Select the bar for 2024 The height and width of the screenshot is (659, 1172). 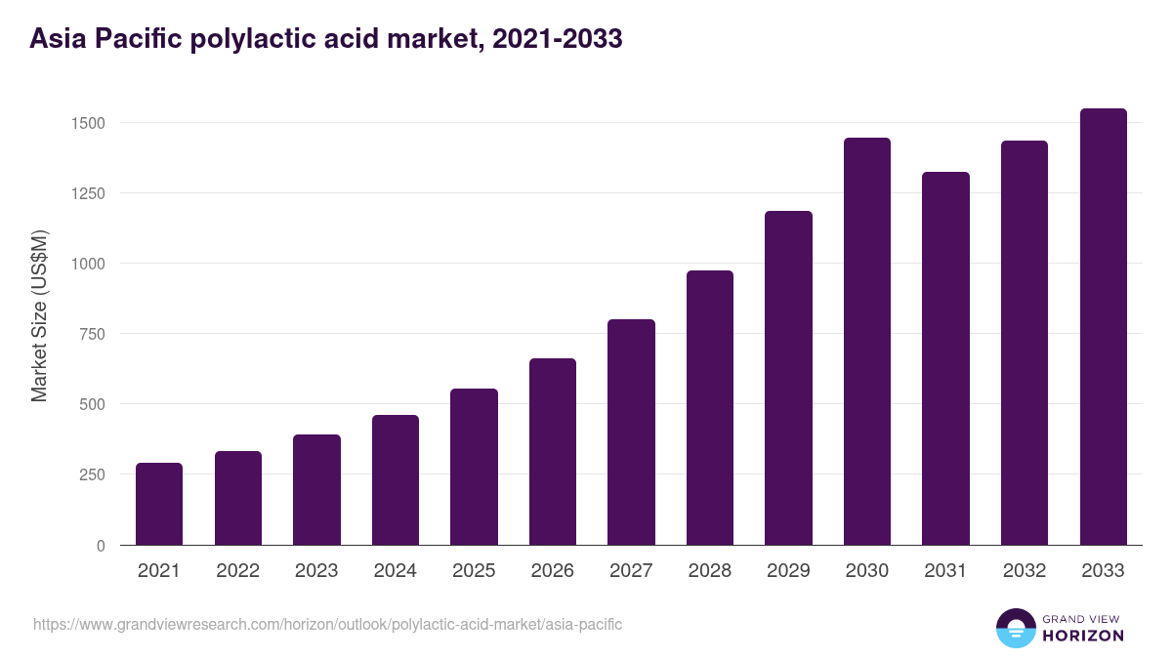396,480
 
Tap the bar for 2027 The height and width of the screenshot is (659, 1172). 631,432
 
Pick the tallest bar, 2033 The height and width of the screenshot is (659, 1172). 1104,327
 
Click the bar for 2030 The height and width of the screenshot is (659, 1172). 867,342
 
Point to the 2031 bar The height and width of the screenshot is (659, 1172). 945,358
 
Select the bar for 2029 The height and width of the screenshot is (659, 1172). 788,378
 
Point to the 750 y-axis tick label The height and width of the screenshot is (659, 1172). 92,334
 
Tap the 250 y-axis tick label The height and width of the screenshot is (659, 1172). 92,474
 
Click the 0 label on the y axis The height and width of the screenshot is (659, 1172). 101,545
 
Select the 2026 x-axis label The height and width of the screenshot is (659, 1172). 552,571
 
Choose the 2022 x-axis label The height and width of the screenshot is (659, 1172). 237,571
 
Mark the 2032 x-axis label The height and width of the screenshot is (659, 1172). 1025,571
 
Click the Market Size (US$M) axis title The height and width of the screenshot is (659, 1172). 39,316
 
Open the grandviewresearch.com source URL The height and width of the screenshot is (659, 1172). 327,624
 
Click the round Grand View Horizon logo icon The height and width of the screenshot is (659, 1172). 1015,628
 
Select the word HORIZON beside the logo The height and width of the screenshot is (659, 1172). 1083,636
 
